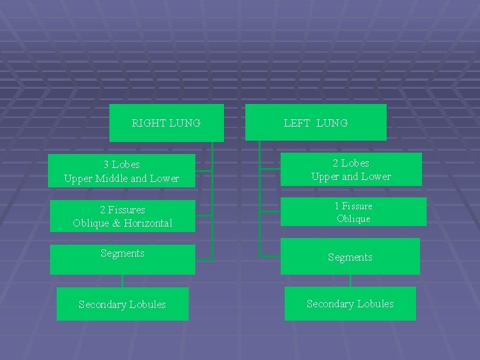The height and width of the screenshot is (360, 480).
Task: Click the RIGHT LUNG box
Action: [x=166, y=123]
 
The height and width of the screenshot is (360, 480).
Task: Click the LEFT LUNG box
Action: [x=315, y=123]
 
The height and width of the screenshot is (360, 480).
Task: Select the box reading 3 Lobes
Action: [x=122, y=171]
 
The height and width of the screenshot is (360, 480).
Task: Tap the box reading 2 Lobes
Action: [x=351, y=169]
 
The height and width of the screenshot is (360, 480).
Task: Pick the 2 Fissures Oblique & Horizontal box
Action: [x=122, y=216]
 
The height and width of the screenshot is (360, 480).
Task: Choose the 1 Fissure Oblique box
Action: [x=353, y=212]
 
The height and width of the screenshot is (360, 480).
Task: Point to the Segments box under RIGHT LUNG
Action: [x=122, y=259]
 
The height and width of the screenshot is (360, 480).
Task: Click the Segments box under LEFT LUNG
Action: [x=350, y=257]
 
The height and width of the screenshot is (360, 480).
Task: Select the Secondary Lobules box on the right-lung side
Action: [x=122, y=304]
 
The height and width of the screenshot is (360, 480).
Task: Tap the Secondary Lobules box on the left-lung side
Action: [x=350, y=303]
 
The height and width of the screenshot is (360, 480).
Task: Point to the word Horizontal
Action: [x=147, y=223]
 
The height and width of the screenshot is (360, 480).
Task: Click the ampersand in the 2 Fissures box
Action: [x=117, y=223]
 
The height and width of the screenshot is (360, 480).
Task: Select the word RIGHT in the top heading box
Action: [x=149, y=123]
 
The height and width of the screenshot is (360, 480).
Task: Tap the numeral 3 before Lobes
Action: [x=107, y=164]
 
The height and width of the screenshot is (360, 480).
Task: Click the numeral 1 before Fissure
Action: [x=337, y=206]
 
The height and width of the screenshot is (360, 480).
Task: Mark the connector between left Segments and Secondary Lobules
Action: [x=350, y=281]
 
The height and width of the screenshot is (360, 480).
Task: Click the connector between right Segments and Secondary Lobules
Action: [x=123, y=281]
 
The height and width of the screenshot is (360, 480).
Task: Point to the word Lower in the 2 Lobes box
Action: [x=377, y=177]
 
